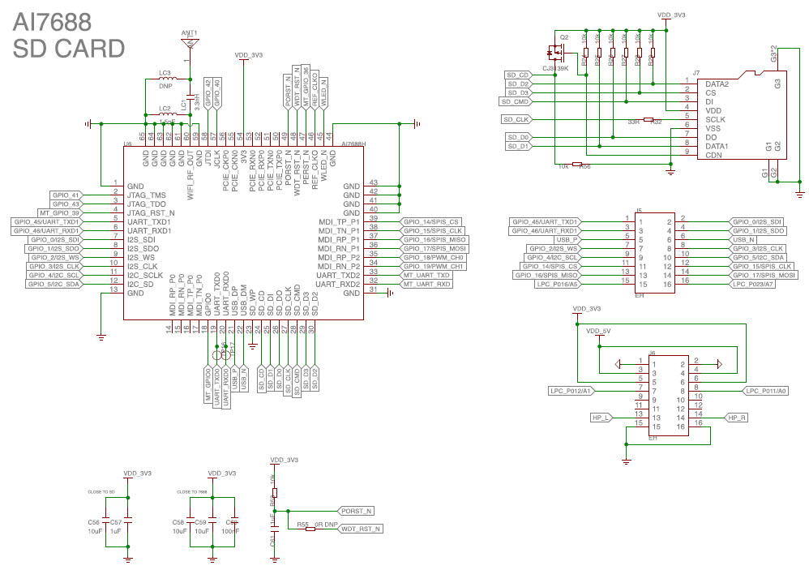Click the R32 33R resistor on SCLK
click(x=648, y=120)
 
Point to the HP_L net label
click(x=601, y=418)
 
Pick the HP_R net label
click(x=737, y=418)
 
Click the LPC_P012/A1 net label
click(x=571, y=391)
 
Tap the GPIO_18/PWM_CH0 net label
click(x=434, y=256)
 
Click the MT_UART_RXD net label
click(x=427, y=285)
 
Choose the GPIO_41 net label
click(x=66, y=195)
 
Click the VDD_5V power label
click(x=600, y=331)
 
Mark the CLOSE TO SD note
click(x=101, y=491)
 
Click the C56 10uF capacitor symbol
click(x=105, y=526)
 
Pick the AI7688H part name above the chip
click(x=354, y=144)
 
